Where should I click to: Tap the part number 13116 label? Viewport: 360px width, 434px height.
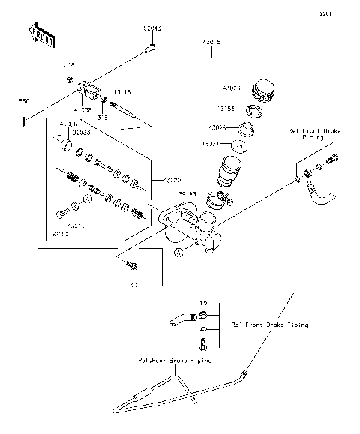point(122,91)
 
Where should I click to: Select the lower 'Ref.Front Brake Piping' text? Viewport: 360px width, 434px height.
point(269,325)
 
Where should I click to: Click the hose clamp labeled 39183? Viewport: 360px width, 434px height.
point(217,202)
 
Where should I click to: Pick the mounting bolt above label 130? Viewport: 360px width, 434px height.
point(131,263)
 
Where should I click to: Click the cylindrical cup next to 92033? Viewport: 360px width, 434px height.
point(66,144)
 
